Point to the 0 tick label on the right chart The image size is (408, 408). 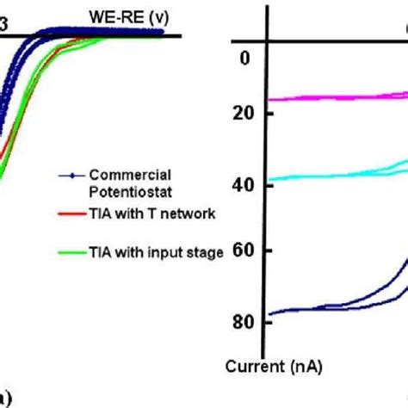(x=244, y=58)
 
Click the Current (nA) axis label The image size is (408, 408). (x=274, y=367)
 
